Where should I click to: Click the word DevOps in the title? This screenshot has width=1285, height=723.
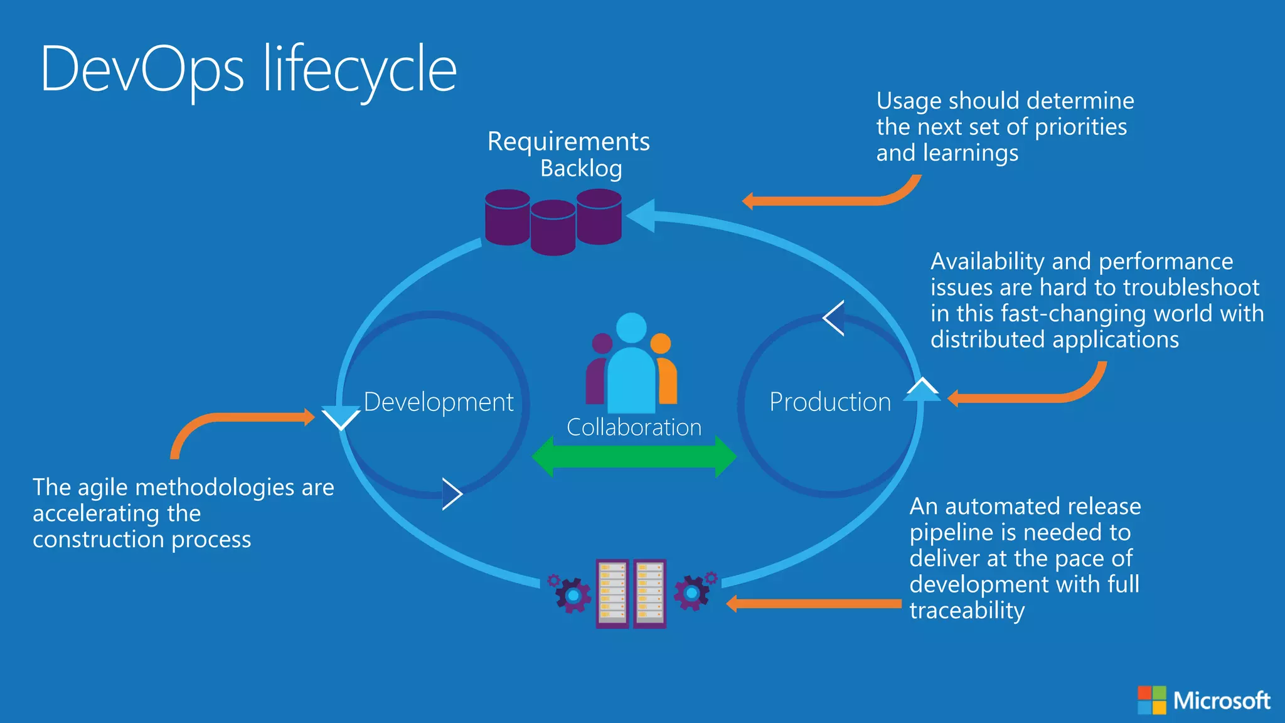[142, 70]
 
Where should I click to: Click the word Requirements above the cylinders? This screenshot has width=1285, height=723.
[568, 142]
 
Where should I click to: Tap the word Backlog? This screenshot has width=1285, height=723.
[581, 168]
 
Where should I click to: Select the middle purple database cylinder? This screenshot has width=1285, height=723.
[553, 227]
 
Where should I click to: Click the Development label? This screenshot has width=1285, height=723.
[439, 402]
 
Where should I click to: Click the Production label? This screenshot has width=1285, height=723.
[830, 402]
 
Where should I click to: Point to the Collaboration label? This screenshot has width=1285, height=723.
[634, 427]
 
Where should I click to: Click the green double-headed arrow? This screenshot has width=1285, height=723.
[634, 457]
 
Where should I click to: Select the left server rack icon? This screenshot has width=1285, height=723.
[612, 593]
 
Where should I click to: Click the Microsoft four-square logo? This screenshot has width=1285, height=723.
[1151, 700]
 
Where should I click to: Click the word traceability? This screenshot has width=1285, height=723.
[967, 611]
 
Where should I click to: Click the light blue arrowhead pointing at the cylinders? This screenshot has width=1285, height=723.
[642, 216]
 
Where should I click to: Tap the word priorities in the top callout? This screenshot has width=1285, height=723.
[1080, 127]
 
